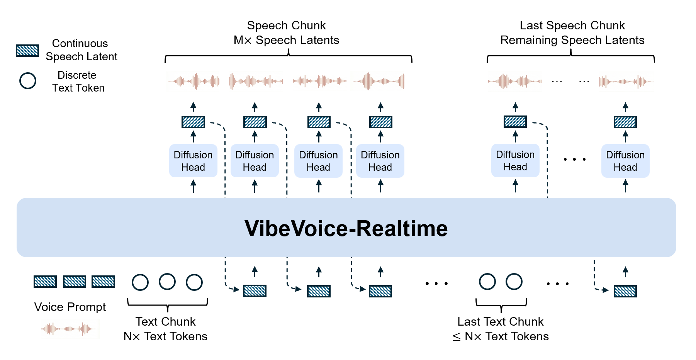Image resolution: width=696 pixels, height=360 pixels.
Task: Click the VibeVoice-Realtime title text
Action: pyautogui.click(x=346, y=228)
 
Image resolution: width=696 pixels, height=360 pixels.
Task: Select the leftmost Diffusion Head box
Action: pyautogui.click(x=193, y=161)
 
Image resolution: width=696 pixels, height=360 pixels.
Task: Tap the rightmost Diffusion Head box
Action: pyautogui.click(x=625, y=161)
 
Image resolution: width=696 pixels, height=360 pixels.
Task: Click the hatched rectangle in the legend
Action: pyautogui.click(x=27, y=51)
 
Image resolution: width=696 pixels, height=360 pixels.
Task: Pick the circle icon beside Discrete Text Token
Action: pyautogui.click(x=28, y=81)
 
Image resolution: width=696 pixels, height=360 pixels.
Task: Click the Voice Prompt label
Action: pyautogui.click(x=70, y=307)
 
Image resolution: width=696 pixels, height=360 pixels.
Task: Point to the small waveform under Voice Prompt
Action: pyautogui.click(x=70, y=329)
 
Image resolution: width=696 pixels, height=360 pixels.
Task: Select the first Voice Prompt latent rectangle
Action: pyautogui.click(x=45, y=282)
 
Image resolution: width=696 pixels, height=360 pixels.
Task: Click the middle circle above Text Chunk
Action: pyautogui.click(x=167, y=282)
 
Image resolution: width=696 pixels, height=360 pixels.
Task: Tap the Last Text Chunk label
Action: pyautogui.click(x=500, y=321)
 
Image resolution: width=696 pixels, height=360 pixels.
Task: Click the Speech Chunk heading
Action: pyautogui.click(x=286, y=25)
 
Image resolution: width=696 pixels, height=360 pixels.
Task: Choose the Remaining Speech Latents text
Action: pyautogui.click(x=572, y=40)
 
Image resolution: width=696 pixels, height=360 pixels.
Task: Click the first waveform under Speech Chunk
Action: pyautogui.click(x=193, y=81)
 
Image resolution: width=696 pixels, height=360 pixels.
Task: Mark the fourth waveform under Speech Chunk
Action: pyautogui.click(x=379, y=81)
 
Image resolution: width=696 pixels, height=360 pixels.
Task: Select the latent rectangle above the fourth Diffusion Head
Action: pyautogui.click(x=380, y=122)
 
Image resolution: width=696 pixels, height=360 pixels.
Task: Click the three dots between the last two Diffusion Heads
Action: pyautogui.click(x=574, y=159)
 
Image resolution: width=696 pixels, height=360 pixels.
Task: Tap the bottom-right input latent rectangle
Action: pyautogui.click(x=625, y=291)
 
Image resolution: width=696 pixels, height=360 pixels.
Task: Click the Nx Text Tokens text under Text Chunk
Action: pyautogui.click(x=165, y=336)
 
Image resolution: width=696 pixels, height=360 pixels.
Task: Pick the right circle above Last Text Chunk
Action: pyautogui.click(x=514, y=282)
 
